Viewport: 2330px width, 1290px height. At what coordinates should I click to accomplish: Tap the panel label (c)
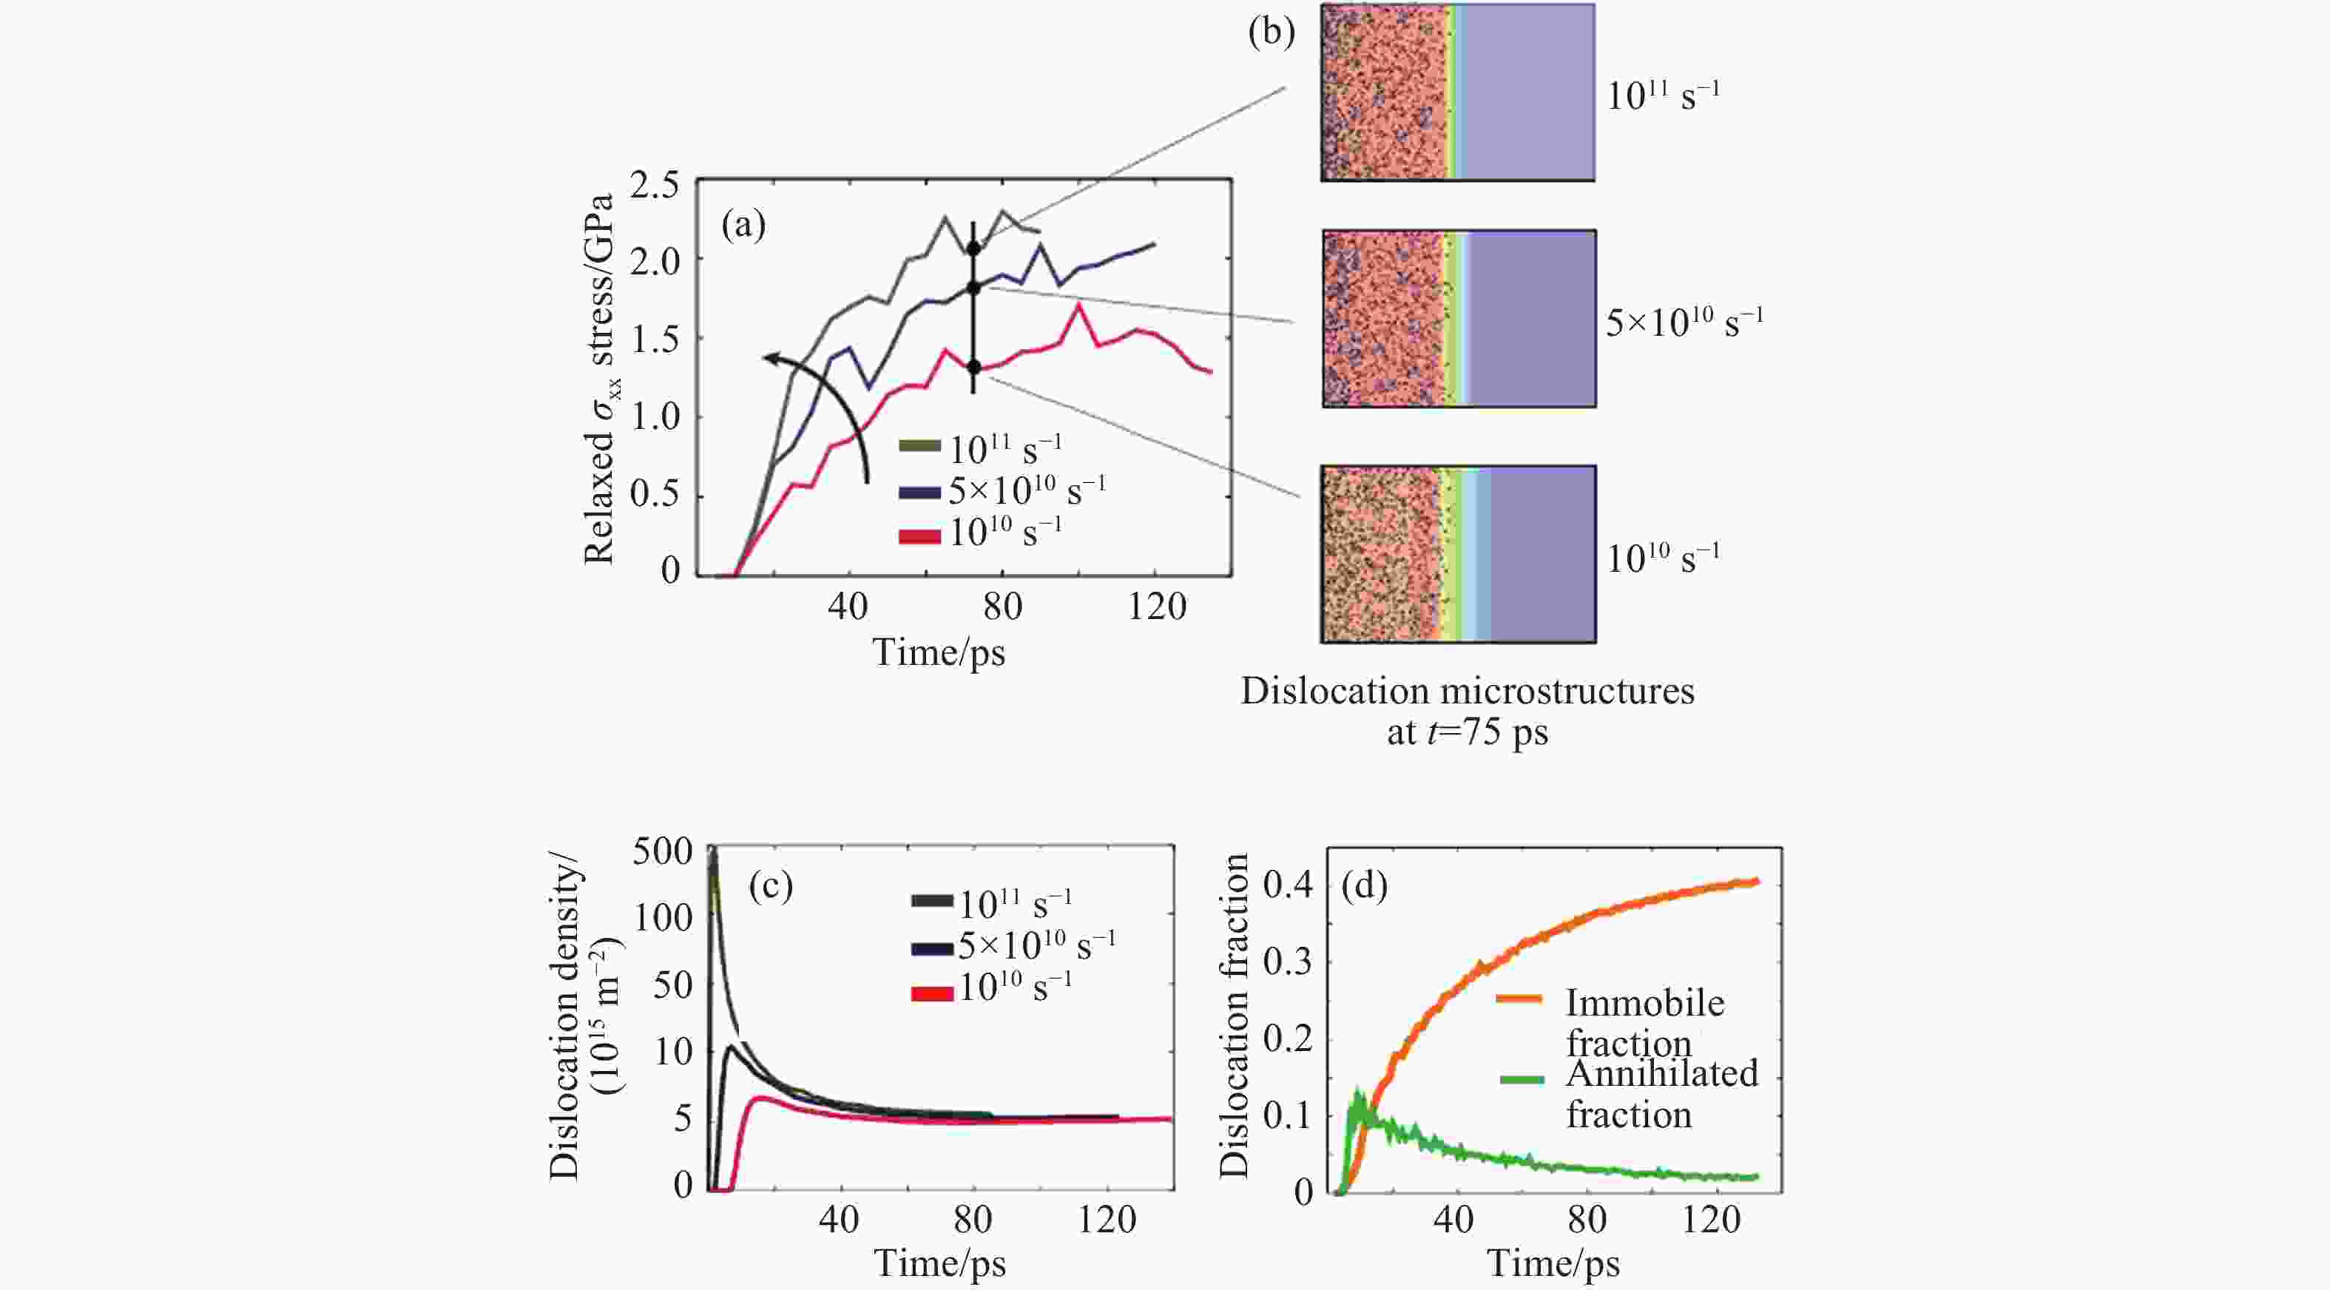click(771, 887)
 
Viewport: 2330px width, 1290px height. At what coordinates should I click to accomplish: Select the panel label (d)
click(1364, 887)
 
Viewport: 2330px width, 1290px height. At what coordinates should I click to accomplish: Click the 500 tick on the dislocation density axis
click(662, 851)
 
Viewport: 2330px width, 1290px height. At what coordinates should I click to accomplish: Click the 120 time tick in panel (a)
click(1157, 605)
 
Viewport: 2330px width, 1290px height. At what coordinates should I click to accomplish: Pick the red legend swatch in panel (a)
click(919, 536)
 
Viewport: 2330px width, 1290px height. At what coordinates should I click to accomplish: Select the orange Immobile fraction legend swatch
click(1519, 999)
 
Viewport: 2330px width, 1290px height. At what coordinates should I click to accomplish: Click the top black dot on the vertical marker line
click(973, 248)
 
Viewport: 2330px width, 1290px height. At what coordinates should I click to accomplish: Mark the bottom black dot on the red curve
click(973, 366)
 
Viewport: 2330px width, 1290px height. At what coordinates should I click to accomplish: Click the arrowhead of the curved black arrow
click(767, 358)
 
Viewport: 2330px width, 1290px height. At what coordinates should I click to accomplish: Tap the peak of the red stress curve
click(1078, 305)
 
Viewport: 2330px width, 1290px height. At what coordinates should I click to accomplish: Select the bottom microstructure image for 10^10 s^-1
click(1458, 553)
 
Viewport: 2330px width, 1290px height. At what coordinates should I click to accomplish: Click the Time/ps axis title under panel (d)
click(1553, 1263)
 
